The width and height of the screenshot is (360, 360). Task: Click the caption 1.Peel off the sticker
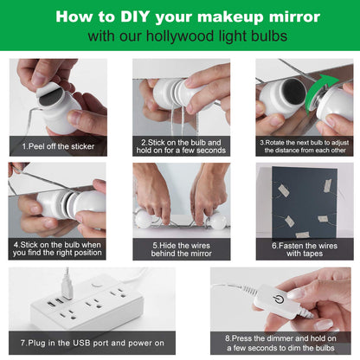click(57, 147)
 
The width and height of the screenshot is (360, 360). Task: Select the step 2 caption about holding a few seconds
click(181, 145)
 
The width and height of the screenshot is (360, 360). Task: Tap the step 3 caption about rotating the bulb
click(304, 145)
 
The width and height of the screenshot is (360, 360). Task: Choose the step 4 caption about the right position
click(57, 249)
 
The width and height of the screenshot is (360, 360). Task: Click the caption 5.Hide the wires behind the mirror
click(181, 249)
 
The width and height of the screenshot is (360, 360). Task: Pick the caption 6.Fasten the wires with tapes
click(304, 249)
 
